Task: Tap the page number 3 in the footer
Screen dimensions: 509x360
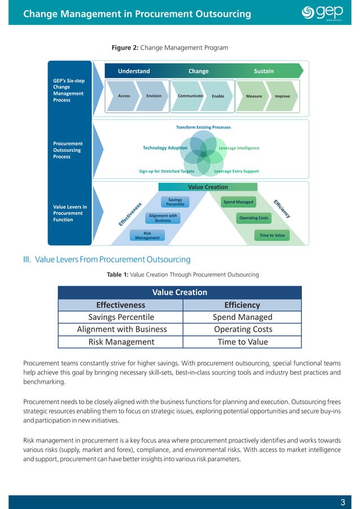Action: [x=343, y=503]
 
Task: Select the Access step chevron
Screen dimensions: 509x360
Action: [x=124, y=96]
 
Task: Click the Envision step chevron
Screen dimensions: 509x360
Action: [x=153, y=96]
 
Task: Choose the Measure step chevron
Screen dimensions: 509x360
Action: [x=254, y=96]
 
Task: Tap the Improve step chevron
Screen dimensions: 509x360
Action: [x=282, y=96]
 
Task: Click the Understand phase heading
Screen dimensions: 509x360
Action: [x=134, y=71]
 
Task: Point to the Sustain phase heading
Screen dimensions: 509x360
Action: [x=264, y=71]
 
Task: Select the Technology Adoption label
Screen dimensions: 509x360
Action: [x=165, y=148]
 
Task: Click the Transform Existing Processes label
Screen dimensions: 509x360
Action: [x=203, y=128]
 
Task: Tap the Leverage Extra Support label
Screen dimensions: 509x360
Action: [x=236, y=171]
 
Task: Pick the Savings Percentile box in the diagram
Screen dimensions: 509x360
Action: [x=175, y=201]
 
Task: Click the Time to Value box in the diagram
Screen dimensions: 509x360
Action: [x=272, y=235]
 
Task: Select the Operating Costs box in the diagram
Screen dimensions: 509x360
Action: [x=254, y=218]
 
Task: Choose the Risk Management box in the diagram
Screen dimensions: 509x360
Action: [x=147, y=235]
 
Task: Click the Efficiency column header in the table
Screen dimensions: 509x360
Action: [x=242, y=305]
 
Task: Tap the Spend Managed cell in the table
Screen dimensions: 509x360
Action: [x=243, y=317]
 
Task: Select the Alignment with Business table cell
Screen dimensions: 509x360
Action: [x=121, y=329]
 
